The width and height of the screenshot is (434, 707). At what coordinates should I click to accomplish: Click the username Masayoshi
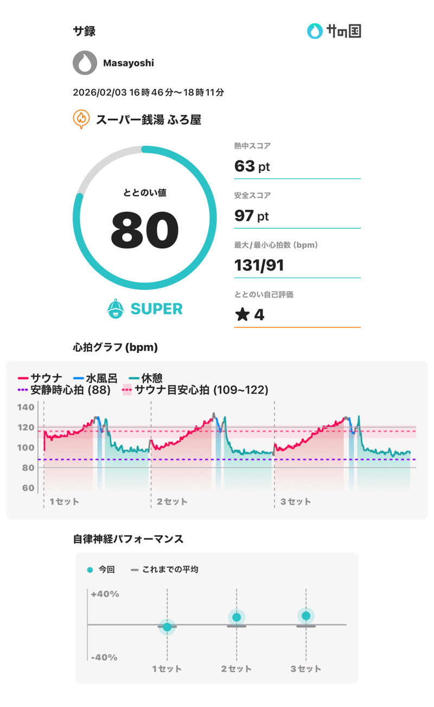[x=129, y=63]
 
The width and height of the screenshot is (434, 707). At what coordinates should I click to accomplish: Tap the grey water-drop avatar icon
[x=85, y=63]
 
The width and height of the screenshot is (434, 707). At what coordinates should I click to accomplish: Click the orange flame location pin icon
[x=81, y=119]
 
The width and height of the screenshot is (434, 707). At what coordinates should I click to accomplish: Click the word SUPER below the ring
[x=156, y=309]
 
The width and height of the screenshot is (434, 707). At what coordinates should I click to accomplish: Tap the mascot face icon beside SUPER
[x=116, y=308]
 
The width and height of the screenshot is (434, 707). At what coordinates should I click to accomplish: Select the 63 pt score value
[x=252, y=166]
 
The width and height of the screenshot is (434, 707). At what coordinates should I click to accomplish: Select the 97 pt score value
[x=252, y=216]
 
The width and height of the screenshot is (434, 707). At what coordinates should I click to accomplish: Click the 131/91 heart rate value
[x=259, y=265]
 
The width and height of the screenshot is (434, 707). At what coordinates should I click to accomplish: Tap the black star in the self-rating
[x=242, y=315]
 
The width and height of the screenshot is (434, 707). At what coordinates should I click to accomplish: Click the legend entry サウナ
[x=46, y=378]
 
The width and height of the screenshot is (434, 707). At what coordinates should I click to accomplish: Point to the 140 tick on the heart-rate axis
[x=28, y=407]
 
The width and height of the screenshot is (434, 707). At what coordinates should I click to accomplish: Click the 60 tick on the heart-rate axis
[x=28, y=487]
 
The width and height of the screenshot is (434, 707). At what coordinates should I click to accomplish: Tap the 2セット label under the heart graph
[x=172, y=502]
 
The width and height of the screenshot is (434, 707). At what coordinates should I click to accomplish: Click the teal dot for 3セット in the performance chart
[x=306, y=616]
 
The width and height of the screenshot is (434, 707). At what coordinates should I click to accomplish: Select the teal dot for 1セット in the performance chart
[x=167, y=627]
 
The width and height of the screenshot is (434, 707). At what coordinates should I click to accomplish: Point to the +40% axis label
[x=105, y=594]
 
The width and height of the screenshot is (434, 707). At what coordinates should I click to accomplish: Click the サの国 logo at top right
[x=334, y=31]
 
